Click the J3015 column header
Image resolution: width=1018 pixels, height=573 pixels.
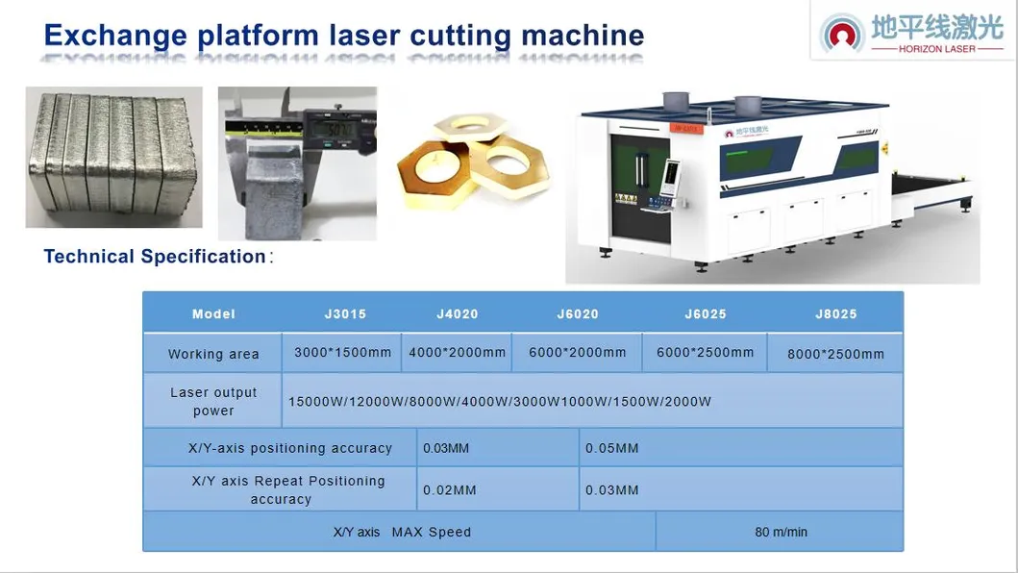click(x=345, y=314)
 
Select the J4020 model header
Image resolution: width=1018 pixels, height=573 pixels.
click(x=457, y=314)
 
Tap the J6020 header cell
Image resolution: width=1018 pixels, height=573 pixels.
click(x=578, y=314)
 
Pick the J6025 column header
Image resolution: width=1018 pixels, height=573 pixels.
click(x=706, y=314)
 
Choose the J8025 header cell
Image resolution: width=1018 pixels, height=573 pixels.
click(x=835, y=314)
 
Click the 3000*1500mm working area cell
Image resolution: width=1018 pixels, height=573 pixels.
click(x=342, y=353)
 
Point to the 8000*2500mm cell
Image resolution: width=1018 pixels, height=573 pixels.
click(x=835, y=354)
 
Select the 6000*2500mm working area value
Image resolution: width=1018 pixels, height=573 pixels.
click(x=705, y=353)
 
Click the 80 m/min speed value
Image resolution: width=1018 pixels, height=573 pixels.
click(x=781, y=532)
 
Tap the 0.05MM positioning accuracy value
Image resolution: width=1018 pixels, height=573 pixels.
click(x=611, y=448)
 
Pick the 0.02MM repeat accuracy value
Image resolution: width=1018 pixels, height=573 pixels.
click(x=449, y=490)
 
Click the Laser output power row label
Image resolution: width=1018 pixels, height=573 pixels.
click(x=213, y=401)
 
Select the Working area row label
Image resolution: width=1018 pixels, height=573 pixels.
click(x=213, y=354)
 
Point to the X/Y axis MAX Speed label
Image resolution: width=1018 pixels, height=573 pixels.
click(x=402, y=532)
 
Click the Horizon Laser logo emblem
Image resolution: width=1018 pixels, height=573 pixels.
click(x=843, y=34)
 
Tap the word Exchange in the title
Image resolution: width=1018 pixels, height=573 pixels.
click(x=115, y=36)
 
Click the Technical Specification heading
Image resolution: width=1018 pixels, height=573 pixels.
click(x=155, y=257)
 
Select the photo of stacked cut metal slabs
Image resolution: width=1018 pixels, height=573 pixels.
click(x=113, y=157)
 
